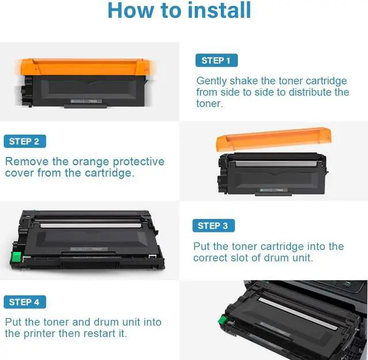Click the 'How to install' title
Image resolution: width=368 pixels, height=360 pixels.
(179, 10)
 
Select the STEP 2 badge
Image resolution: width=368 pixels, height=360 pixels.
(24, 141)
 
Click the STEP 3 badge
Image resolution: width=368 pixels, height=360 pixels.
(213, 226)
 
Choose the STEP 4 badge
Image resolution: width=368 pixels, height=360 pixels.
(24, 302)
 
